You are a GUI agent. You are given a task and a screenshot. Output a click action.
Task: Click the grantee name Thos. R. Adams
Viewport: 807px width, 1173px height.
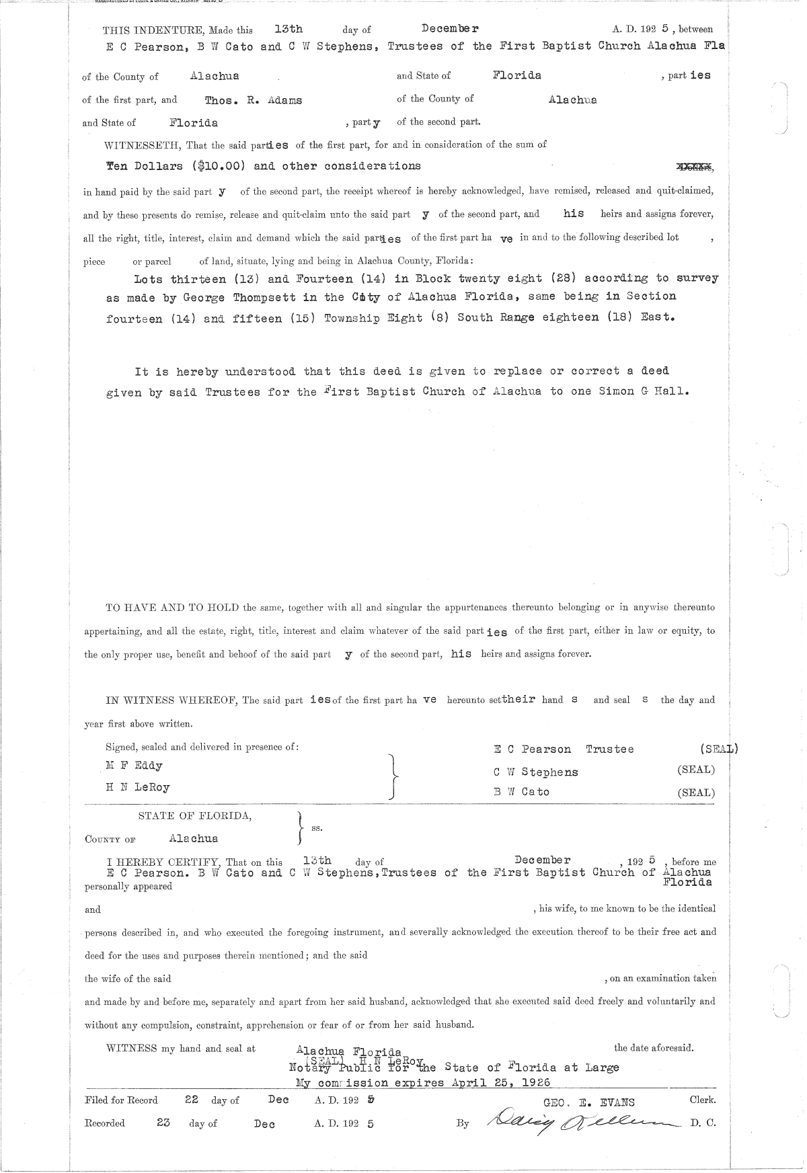(x=254, y=100)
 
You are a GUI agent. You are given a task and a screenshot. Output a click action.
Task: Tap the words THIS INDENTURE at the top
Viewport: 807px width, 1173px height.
(x=143, y=30)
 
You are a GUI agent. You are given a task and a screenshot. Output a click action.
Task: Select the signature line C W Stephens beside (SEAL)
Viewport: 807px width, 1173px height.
(x=535, y=772)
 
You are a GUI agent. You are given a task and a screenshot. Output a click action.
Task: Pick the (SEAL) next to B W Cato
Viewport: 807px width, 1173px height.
(x=696, y=793)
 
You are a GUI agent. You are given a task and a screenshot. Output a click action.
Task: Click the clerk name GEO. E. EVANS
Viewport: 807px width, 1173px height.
(x=588, y=1102)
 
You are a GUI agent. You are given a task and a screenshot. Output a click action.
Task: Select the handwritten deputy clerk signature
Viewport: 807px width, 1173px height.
(x=575, y=1121)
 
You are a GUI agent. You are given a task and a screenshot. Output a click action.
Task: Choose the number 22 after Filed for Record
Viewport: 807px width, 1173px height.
(x=192, y=1100)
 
